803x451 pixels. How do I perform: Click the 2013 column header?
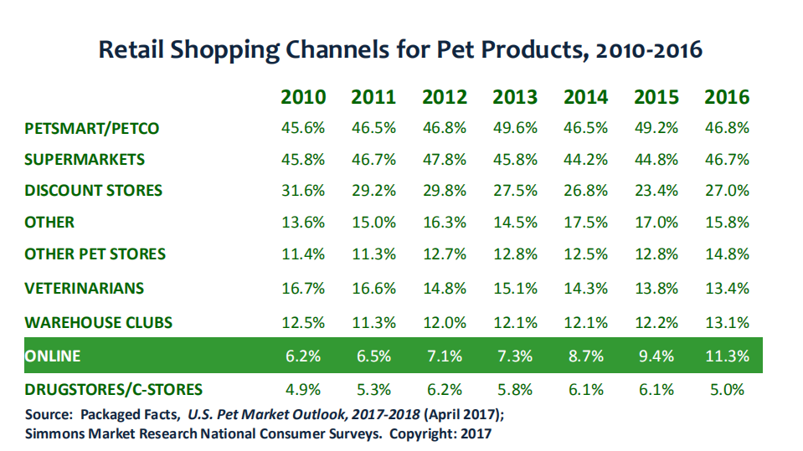[516, 96]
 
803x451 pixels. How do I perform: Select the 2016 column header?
[727, 96]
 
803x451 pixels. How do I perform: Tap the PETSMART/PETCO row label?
[92, 128]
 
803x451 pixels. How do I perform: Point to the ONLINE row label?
[53, 356]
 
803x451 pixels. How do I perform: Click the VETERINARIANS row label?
[85, 288]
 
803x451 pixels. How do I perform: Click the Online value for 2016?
[727, 356]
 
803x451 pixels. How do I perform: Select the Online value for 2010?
[303, 356]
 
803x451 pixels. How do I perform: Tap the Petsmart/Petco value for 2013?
[516, 128]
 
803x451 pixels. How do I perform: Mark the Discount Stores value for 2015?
[656, 190]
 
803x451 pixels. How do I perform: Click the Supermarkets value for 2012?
[445, 159]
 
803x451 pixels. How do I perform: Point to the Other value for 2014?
[586, 222]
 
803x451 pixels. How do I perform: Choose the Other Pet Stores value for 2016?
[727, 254]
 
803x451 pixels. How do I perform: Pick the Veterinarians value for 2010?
[303, 288]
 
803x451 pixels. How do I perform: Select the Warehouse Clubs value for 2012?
[445, 322]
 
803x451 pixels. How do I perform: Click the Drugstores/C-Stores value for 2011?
[374, 389]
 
